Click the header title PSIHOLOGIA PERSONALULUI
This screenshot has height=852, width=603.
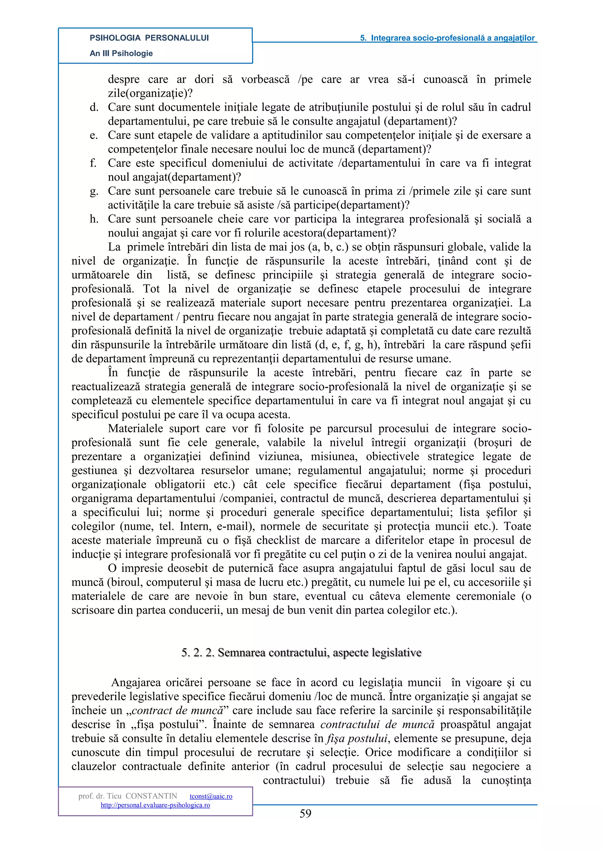tap(149, 38)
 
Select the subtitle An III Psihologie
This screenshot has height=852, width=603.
tap(121, 54)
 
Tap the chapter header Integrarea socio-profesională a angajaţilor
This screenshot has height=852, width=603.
tap(448, 38)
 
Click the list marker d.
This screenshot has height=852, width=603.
tap(94, 108)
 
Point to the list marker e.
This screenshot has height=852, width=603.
tap(94, 135)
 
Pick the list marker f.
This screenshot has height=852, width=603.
tap(93, 163)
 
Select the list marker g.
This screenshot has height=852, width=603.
tap(94, 192)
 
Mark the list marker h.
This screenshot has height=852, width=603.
tap(94, 219)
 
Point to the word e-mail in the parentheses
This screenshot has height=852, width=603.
tap(236, 527)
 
